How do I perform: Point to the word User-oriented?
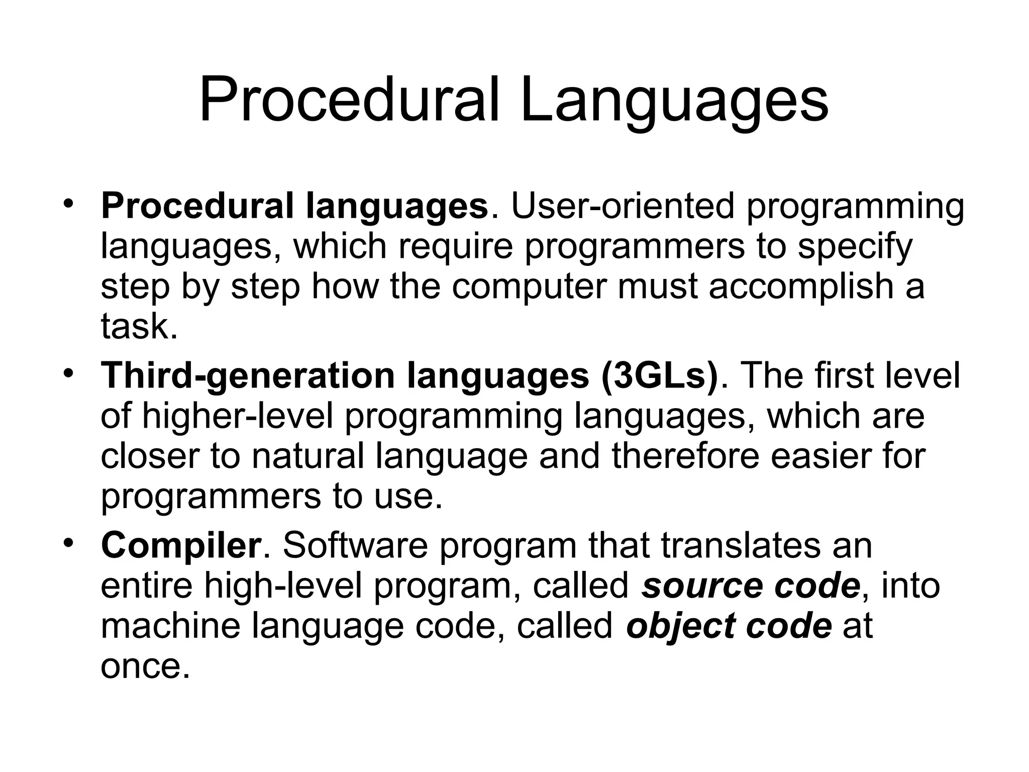623,207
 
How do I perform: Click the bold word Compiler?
181,546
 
